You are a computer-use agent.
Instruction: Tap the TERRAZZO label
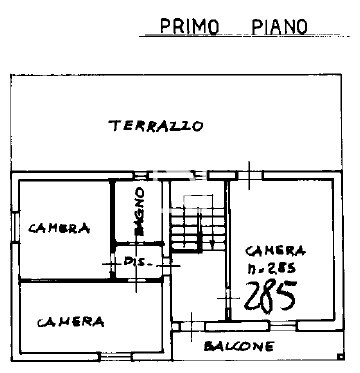(x=157, y=126)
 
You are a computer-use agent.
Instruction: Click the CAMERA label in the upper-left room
(x=59, y=227)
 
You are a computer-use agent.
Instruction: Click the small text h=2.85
(x=272, y=269)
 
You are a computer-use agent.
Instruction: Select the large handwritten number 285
(x=270, y=297)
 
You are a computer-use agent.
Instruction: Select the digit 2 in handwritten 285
(x=253, y=297)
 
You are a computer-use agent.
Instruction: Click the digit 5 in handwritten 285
(x=287, y=297)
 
